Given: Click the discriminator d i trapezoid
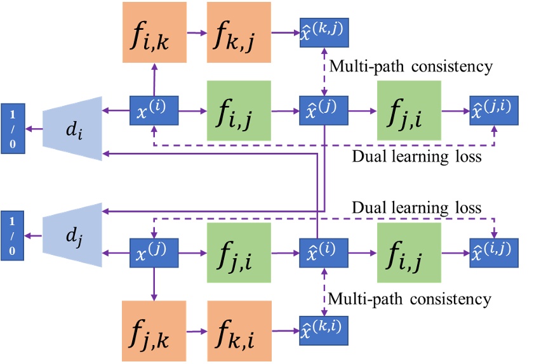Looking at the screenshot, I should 73,128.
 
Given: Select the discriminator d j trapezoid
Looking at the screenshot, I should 73,235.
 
